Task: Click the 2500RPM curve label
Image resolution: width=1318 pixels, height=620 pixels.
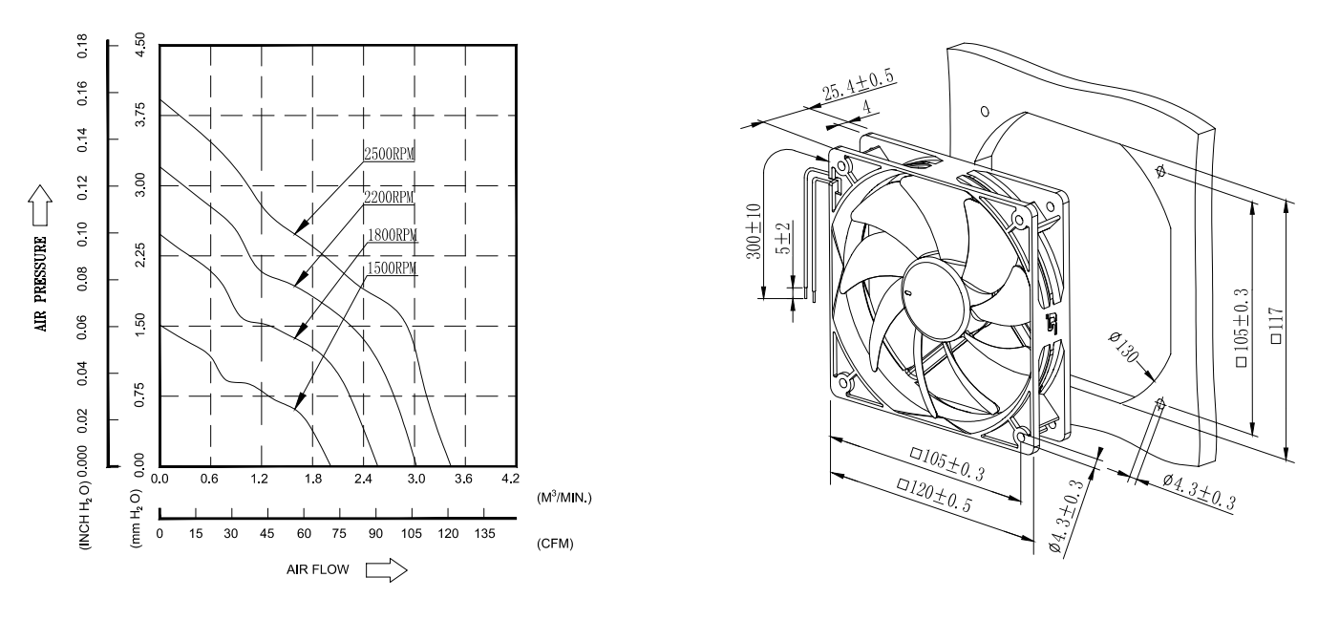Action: pos(390,155)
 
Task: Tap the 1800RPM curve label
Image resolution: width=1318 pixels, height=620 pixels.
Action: pos(392,234)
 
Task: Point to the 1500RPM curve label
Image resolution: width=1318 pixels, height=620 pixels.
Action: pos(392,269)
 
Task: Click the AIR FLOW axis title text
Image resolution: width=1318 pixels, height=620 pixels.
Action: pos(320,570)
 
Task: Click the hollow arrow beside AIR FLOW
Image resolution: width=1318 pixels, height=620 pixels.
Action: pos(386,570)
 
